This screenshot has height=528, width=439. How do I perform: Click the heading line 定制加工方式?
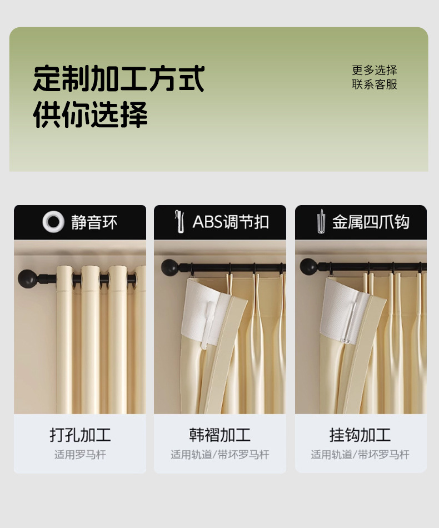coord(119,78)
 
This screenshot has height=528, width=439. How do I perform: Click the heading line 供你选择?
coord(90,114)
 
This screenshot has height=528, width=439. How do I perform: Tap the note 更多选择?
coord(375,70)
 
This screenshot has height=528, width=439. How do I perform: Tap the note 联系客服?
coord(375,84)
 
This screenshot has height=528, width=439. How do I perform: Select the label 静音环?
coord(94,222)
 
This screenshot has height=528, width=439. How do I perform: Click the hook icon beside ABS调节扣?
coord(180,222)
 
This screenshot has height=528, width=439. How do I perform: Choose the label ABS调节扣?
coord(231,222)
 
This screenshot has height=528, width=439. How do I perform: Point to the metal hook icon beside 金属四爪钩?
coord(321,221)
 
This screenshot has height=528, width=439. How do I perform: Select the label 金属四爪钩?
coord(371,222)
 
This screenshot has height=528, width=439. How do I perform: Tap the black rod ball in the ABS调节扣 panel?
coord(169,267)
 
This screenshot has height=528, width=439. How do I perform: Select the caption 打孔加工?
coord(80,435)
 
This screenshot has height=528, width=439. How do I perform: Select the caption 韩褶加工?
coord(220,435)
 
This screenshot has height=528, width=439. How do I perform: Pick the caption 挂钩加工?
coord(360,435)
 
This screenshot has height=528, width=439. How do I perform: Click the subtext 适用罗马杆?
coord(80,455)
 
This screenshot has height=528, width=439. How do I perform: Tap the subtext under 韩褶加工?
coord(220,455)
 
